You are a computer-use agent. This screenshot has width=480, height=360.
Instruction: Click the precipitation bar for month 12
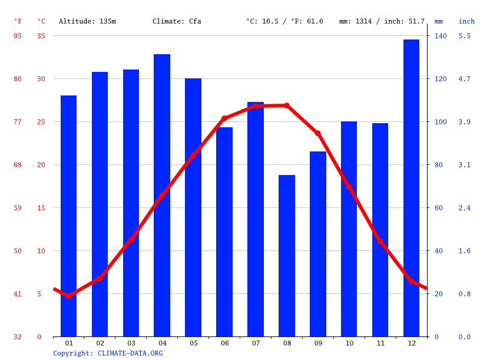point(411,189)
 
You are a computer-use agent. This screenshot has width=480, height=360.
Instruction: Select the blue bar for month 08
point(287,256)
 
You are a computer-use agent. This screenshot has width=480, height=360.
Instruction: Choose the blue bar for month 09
point(318,244)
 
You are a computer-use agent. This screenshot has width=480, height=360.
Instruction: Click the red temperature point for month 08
point(287,105)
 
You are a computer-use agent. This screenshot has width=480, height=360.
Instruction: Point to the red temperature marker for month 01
point(68,296)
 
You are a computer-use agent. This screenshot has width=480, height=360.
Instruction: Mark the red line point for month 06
point(224,118)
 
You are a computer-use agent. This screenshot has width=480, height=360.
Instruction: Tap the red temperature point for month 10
point(349,187)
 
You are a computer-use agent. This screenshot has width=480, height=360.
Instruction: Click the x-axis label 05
point(193,343)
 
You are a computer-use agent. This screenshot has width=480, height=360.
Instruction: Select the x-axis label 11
point(380,343)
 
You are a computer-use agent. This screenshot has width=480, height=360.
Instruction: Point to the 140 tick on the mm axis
point(441,36)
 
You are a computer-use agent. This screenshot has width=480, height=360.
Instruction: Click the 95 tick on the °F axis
point(18,36)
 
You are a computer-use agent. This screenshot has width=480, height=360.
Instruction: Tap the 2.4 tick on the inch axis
point(465,208)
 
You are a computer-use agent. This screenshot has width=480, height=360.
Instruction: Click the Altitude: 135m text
point(87,21)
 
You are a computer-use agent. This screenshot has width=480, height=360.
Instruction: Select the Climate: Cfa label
point(177,21)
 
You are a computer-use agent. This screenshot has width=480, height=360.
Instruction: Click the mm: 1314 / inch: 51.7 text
point(382,21)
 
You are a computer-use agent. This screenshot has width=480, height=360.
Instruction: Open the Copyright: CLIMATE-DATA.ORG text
point(108,354)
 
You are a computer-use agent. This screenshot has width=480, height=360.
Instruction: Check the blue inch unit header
point(466,21)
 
